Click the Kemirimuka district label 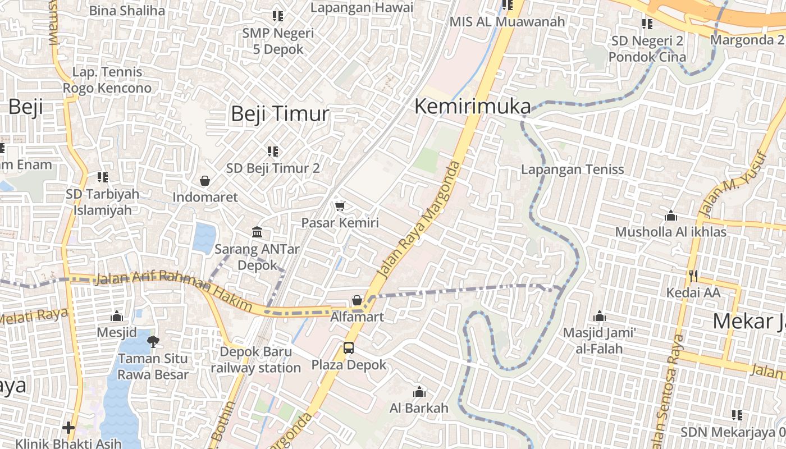click(472, 107)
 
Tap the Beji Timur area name click(280, 114)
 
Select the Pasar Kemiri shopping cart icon click(340, 207)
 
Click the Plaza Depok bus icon click(349, 348)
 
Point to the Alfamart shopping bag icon click(357, 301)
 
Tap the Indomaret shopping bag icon click(205, 181)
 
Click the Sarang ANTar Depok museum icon click(258, 232)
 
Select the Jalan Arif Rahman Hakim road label click(174, 288)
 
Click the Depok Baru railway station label click(255, 360)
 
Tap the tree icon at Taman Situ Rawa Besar click(153, 341)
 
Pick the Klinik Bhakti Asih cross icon click(68, 428)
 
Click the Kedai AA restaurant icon click(693, 276)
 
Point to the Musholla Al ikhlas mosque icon click(671, 216)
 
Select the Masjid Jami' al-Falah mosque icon click(600, 317)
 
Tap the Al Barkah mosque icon click(419, 392)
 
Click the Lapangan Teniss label click(572, 169)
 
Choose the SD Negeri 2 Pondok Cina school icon click(647, 24)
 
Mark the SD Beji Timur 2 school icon click(273, 151)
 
